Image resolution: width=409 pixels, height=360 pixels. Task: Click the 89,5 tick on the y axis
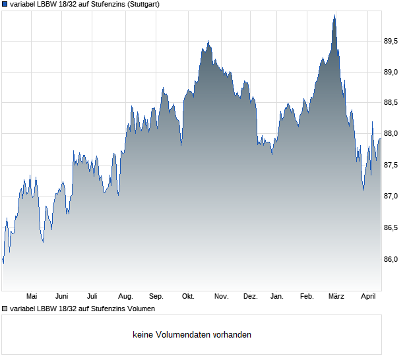click(x=391, y=41)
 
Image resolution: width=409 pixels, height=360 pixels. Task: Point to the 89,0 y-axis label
click(x=391, y=72)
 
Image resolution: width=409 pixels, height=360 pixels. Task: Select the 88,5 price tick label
click(x=391, y=103)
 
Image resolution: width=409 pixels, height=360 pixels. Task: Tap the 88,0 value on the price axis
click(x=391, y=134)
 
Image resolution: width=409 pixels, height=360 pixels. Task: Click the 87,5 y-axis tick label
click(x=391, y=165)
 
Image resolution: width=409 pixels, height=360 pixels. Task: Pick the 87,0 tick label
click(x=391, y=196)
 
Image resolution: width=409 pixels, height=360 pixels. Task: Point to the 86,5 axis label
click(x=391, y=227)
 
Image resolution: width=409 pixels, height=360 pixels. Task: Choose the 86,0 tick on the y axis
click(x=391, y=259)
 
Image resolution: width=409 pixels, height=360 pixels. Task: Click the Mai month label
click(x=31, y=296)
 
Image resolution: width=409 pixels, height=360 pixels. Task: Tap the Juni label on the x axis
click(x=62, y=296)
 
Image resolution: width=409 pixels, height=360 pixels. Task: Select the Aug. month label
click(x=125, y=296)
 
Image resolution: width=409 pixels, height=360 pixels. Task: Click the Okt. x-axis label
click(x=188, y=296)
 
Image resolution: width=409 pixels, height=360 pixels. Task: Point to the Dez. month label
click(x=251, y=296)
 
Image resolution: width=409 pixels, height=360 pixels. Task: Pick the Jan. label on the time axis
click(x=277, y=296)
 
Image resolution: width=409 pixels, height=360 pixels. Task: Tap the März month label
click(x=336, y=296)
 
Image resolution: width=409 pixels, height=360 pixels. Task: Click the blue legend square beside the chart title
click(x=5, y=4)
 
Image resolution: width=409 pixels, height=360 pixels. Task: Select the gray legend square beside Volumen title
click(x=5, y=309)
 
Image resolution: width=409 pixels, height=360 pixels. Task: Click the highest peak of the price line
click(x=334, y=15)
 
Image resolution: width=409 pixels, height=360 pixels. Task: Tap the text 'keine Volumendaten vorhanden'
click(x=192, y=335)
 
